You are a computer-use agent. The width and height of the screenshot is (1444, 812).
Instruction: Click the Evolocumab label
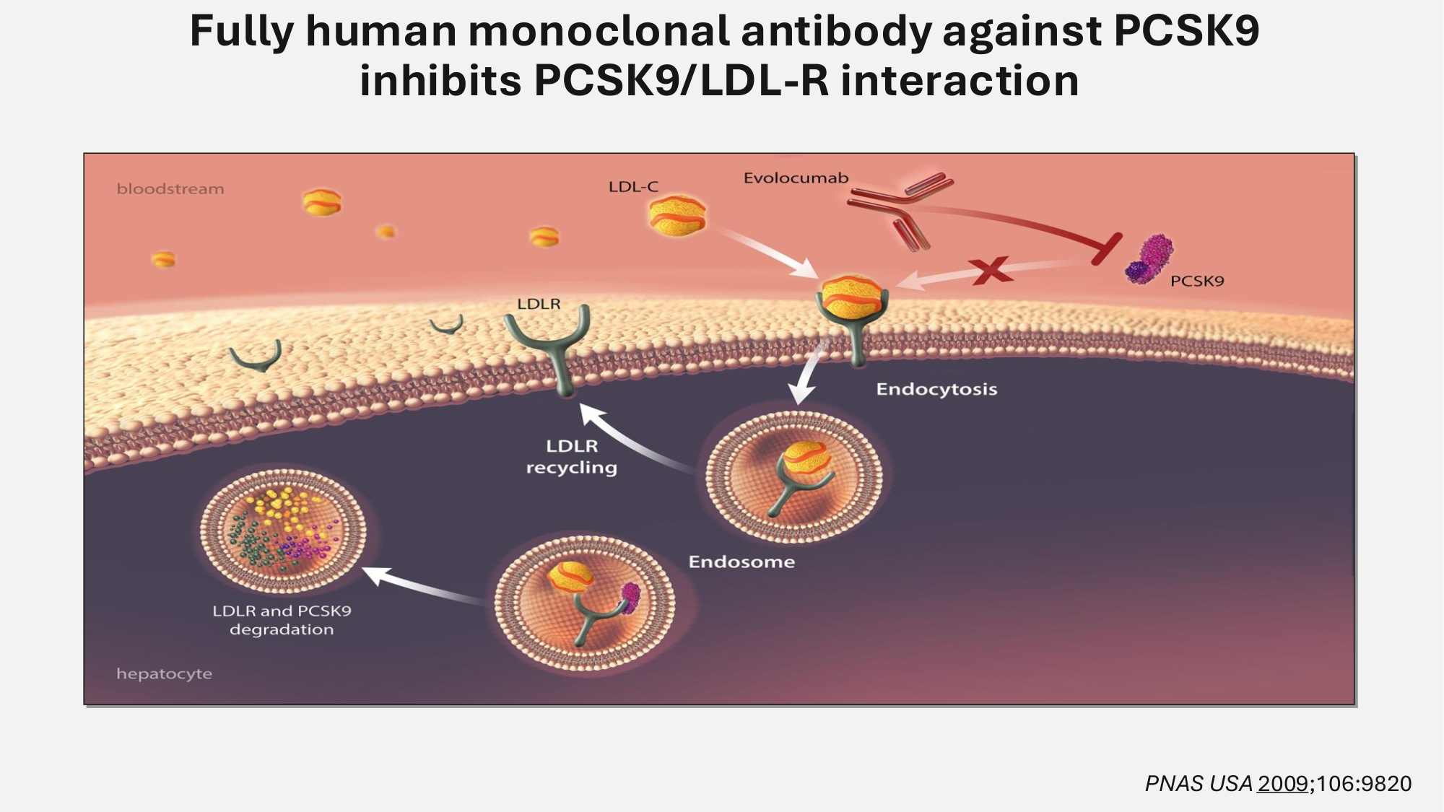pyautogui.click(x=796, y=178)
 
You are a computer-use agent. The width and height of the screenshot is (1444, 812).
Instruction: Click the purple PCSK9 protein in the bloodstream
pyautogui.click(x=1149, y=259)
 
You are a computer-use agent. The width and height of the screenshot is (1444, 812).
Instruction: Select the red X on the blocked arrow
pyautogui.click(x=991, y=271)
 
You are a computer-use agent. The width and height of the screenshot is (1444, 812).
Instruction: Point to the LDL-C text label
pyautogui.click(x=633, y=187)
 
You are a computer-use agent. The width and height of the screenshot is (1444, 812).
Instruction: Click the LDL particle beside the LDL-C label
pyautogui.click(x=677, y=216)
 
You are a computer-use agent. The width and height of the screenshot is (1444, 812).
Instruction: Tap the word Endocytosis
pyautogui.click(x=936, y=390)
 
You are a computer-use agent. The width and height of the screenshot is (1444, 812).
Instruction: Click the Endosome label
pyautogui.click(x=741, y=562)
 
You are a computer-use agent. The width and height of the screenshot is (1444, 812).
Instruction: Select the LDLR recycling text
pyautogui.click(x=572, y=457)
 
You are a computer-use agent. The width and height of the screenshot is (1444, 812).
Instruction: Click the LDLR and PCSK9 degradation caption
pyautogui.click(x=282, y=620)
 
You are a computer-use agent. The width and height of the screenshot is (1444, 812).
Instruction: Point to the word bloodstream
pyautogui.click(x=170, y=189)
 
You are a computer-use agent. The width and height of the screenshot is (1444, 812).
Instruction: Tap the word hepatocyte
pyautogui.click(x=165, y=674)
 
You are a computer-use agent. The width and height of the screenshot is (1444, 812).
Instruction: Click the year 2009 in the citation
pyautogui.click(x=1282, y=784)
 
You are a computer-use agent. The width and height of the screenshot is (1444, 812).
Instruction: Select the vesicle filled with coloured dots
pyautogui.click(x=283, y=531)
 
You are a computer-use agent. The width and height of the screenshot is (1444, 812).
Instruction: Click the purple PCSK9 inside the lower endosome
pyautogui.click(x=630, y=598)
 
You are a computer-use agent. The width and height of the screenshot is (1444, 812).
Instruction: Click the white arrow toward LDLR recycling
pyautogui.click(x=635, y=440)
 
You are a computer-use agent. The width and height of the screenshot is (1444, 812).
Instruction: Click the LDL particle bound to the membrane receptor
pyautogui.click(x=852, y=296)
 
